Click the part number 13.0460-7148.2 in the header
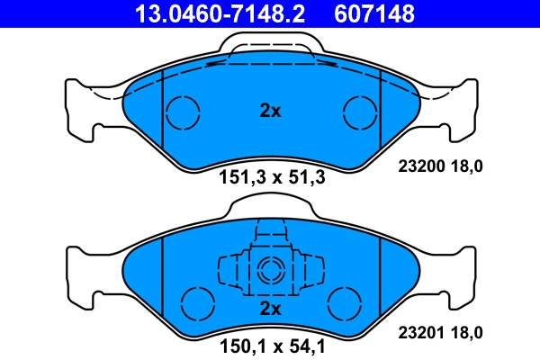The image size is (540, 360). (x=220, y=13)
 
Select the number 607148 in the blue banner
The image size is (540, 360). (x=374, y=13)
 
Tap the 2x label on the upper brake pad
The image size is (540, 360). (x=270, y=111)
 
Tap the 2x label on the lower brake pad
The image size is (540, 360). (x=270, y=309)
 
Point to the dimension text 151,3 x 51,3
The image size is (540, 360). (x=272, y=178)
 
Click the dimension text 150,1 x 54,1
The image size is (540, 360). (x=272, y=346)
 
